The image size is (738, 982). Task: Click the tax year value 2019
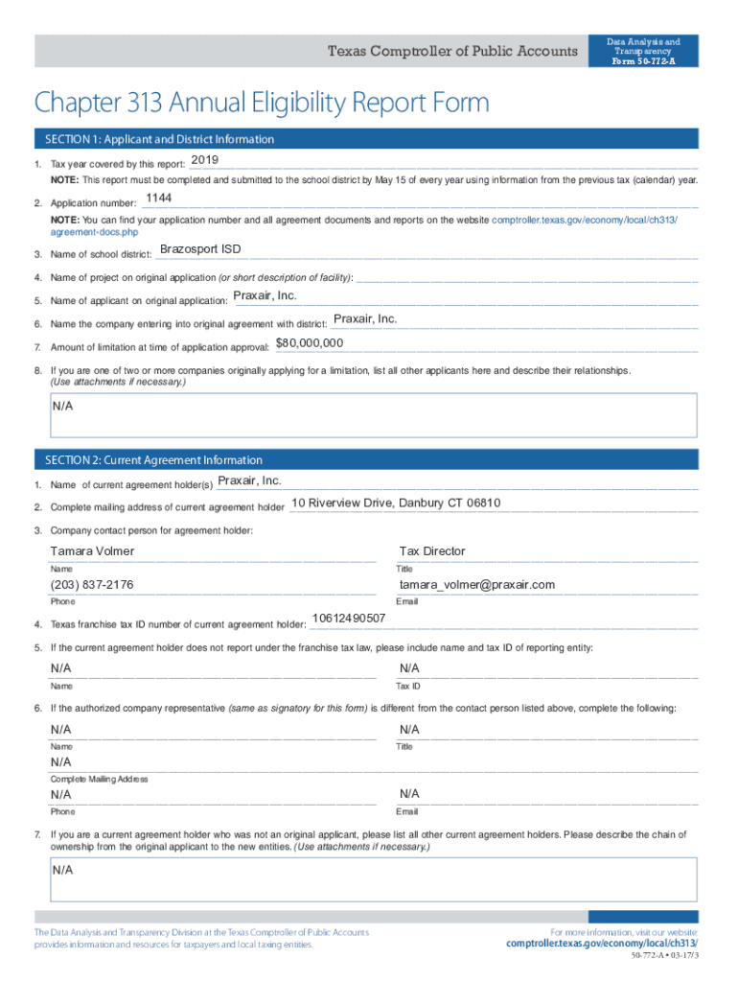(x=205, y=159)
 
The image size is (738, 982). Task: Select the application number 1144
(x=158, y=199)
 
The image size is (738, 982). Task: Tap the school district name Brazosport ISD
(x=200, y=249)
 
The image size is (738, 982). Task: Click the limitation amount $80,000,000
(x=310, y=343)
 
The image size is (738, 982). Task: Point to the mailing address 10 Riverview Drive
(x=396, y=503)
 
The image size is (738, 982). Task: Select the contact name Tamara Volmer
(x=92, y=551)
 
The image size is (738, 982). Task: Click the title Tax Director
(x=432, y=551)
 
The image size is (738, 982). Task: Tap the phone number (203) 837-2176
(x=92, y=585)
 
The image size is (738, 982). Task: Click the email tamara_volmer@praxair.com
(x=477, y=585)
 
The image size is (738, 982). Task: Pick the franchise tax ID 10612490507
(x=349, y=619)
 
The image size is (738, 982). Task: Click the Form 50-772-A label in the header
(x=643, y=61)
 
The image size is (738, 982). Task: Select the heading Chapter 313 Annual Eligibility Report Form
(x=262, y=103)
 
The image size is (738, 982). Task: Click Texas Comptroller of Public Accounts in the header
(x=453, y=52)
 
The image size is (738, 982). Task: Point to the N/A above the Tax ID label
(x=409, y=668)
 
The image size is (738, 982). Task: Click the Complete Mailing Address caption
(x=99, y=779)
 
